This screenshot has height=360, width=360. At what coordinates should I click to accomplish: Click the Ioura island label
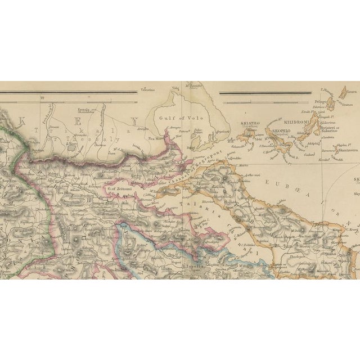(x=352, y=88)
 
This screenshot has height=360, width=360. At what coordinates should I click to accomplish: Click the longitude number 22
(x=42, y=97)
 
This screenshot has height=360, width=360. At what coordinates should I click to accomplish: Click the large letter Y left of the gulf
(x=134, y=120)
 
